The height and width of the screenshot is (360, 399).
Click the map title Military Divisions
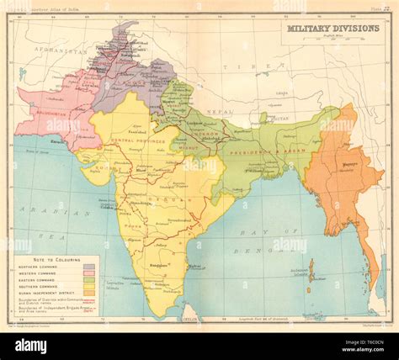click(332, 28)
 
